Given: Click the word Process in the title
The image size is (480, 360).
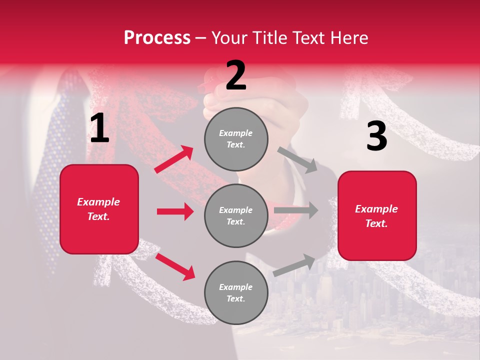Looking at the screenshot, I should pyautogui.click(x=157, y=37).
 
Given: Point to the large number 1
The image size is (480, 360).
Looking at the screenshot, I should pyautogui.click(x=99, y=128).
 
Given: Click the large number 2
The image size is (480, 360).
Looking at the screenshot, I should pyautogui.click(x=236, y=75).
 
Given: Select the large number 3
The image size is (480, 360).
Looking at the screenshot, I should pyautogui.click(x=376, y=136).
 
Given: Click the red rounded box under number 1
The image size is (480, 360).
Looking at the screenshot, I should pyautogui.click(x=99, y=209).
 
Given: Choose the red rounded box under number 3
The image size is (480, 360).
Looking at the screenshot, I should pyautogui.click(x=377, y=216).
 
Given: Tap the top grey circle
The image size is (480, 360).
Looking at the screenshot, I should pyautogui.click(x=236, y=139).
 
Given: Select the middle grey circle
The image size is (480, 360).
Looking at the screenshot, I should pyautogui.click(x=236, y=216).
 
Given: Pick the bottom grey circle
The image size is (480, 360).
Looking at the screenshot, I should pyautogui.click(x=236, y=293).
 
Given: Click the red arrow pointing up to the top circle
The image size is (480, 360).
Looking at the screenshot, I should pyautogui.click(x=174, y=159).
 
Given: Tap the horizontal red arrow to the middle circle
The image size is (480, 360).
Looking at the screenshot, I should pyautogui.click(x=175, y=211).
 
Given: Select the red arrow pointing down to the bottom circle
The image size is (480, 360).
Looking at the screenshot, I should pyautogui.click(x=175, y=266).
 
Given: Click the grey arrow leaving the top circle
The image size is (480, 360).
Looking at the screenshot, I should pyautogui.click(x=298, y=159).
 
